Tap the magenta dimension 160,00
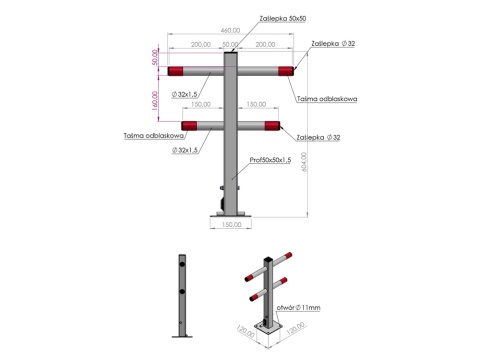[157, 100]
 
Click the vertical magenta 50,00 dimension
[157, 57]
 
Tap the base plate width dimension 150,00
[231, 226]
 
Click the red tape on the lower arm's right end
[271, 125]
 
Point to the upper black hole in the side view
[183, 265]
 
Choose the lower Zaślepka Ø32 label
[318, 136]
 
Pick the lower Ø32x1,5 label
[185, 149]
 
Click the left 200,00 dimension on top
[200, 45]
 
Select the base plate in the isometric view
[267, 328]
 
